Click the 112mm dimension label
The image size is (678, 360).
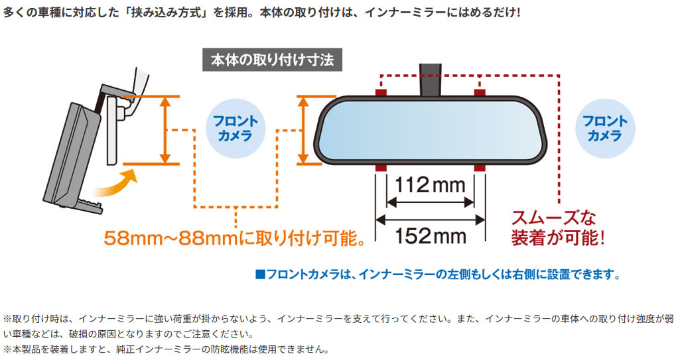click(x=431, y=185)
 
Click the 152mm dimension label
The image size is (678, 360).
click(x=431, y=236)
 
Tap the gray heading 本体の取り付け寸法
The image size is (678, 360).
click(x=273, y=60)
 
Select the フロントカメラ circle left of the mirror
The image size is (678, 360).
click(x=236, y=129)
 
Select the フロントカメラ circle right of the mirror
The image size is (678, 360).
click(x=605, y=129)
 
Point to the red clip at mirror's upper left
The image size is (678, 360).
click(x=381, y=92)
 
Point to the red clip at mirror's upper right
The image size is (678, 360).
click(x=480, y=92)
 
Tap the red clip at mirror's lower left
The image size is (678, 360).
click(x=381, y=168)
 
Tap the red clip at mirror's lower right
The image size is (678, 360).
click(x=480, y=168)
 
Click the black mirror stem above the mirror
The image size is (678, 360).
click(x=431, y=80)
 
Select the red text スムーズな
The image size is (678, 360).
click(x=553, y=217)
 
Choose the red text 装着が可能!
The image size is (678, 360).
click(x=558, y=238)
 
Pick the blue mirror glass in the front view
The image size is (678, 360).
click(x=431, y=130)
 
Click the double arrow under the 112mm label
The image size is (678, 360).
click(x=431, y=202)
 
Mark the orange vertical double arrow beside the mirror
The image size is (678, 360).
click(x=304, y=130)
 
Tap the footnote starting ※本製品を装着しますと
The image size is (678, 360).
click(x=167, y=349)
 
